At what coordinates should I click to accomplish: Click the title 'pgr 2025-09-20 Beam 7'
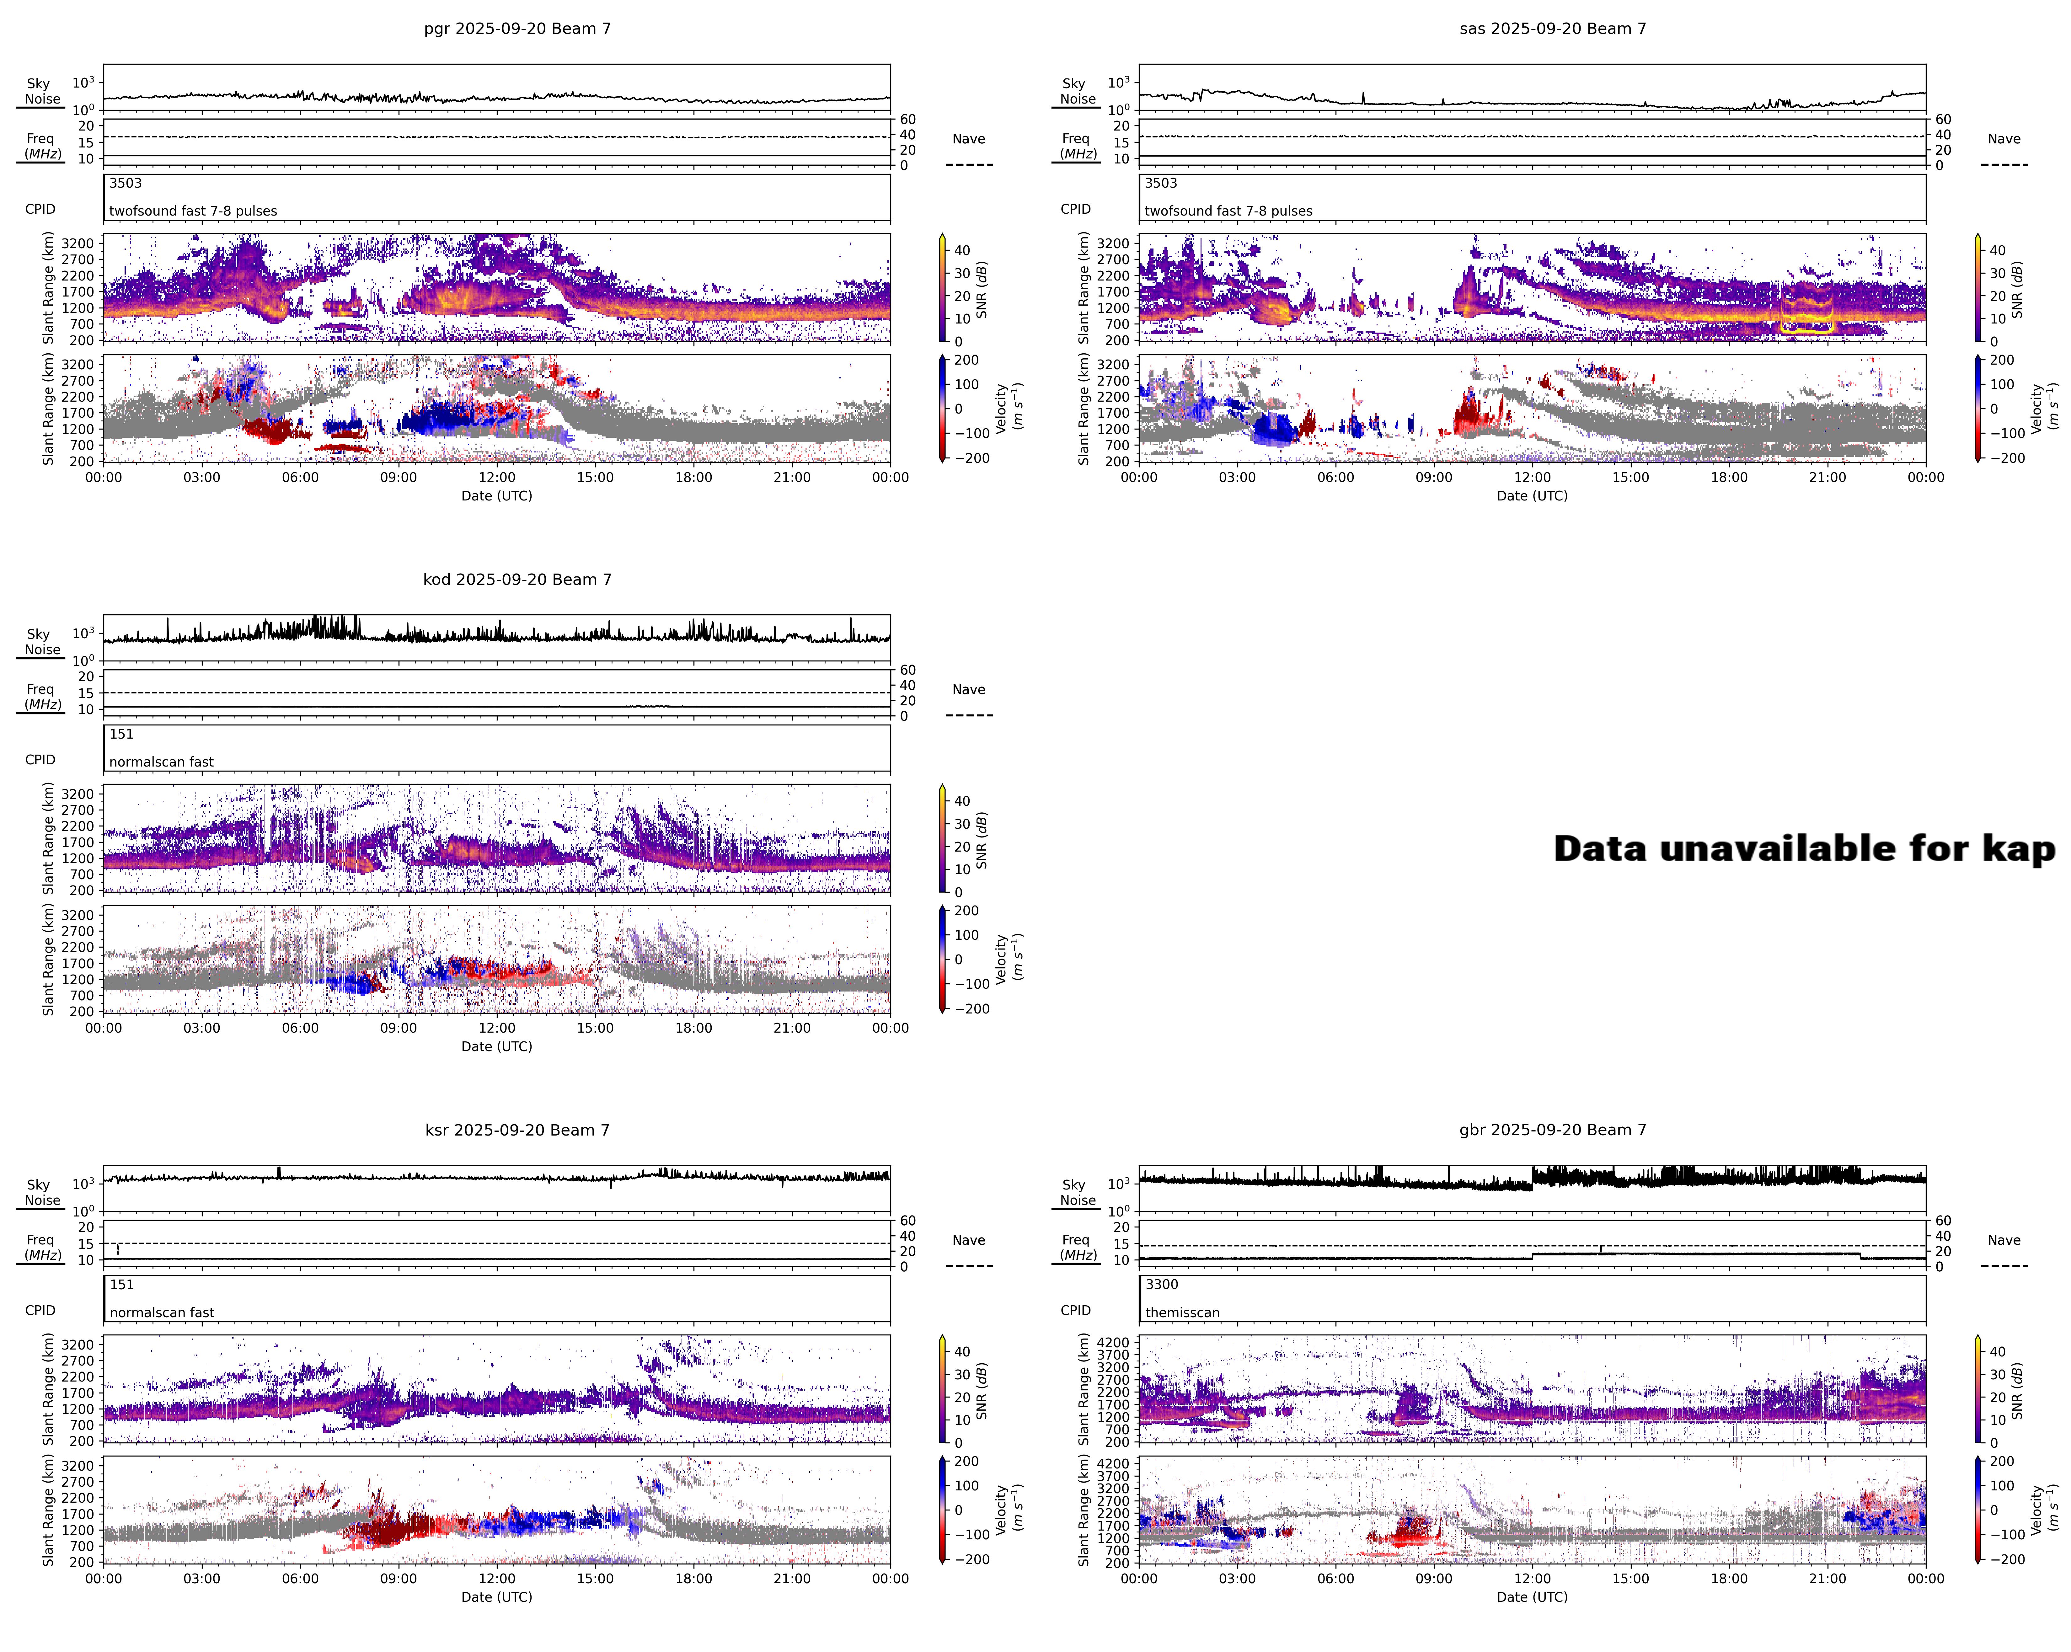point(517,29)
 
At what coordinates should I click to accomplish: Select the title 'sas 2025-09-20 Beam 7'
point(1552,29)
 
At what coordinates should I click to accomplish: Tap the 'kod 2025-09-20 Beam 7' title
point(517,579)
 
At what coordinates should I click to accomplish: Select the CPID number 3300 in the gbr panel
point(1161,1284)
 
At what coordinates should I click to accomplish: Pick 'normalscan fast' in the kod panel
point(161,762)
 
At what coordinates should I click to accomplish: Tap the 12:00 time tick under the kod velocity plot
point(497,1028)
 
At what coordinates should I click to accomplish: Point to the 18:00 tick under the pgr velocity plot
point(693,477)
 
